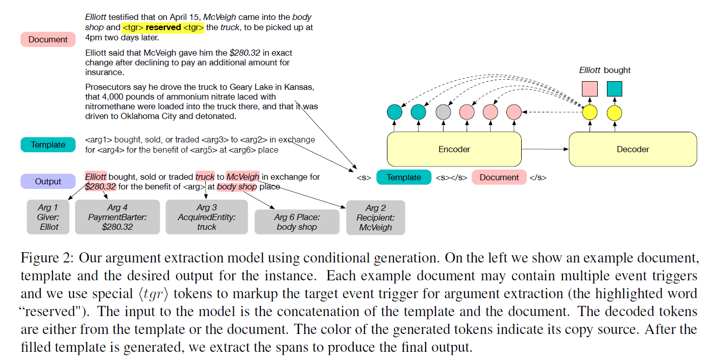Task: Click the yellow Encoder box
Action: tap(454, 149)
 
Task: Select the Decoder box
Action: tap(632, 149)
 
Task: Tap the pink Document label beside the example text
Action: tap(48, 39)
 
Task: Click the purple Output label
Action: tap(48, 181)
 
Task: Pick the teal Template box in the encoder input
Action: tap(403, 177)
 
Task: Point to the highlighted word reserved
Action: tap(163, 27)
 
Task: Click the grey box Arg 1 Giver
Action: tap(49, 217)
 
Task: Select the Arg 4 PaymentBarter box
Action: tap(117, 217)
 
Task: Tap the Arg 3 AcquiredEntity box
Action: tap(207, 217)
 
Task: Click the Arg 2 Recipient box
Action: tap(375, 218)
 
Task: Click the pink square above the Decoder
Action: tap(590, 89)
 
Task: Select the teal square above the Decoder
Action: tap(614, 89)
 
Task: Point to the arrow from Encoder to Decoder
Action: tap(545, 149)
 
